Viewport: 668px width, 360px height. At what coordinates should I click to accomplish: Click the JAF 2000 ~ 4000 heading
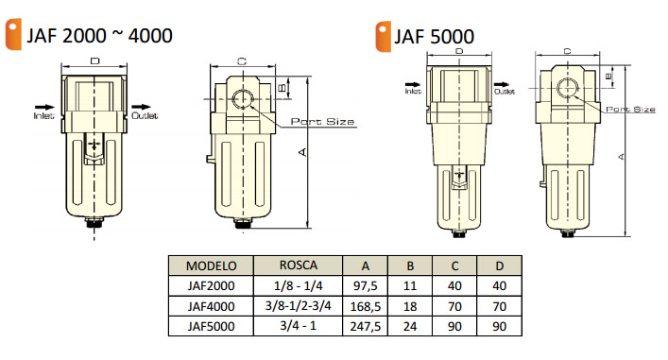(100, 35)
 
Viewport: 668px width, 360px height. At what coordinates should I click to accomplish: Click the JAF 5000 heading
(434, 37)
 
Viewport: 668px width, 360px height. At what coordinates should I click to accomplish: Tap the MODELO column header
(212, 266)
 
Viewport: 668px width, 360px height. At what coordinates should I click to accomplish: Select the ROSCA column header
(299, 265)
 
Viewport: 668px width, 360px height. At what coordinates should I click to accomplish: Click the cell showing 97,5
(365, 285)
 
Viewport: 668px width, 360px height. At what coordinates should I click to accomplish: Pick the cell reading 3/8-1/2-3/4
(299, 305)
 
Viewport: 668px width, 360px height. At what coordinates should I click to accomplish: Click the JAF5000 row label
(212, 326)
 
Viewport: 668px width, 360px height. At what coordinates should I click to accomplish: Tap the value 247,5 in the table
(365, 326)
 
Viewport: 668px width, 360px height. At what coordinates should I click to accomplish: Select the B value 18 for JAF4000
(410, 306)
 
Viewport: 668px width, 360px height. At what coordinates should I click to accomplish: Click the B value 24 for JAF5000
(410, 326)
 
